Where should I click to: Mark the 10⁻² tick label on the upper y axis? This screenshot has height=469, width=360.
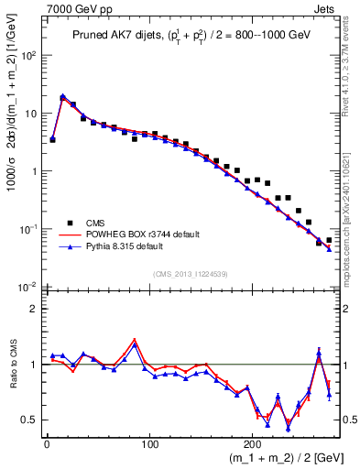29,288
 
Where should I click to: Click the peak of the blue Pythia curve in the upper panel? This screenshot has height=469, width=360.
62,96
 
